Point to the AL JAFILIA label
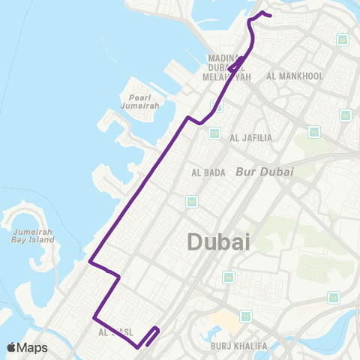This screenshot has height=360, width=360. pos(251,137)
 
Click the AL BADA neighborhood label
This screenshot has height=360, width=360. pos(208,172)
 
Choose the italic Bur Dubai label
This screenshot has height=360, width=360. pos(264,171)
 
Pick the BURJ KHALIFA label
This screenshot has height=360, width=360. pos(234,347)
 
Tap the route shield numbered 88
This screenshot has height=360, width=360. pos(343,39)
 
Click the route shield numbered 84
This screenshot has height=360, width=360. pos(345,115)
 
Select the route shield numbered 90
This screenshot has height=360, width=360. pos(215,133)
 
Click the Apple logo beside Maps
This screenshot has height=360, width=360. pos(12,347)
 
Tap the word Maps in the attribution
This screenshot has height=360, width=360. pos(33,347)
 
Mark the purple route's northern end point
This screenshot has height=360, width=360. pos(269,15)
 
